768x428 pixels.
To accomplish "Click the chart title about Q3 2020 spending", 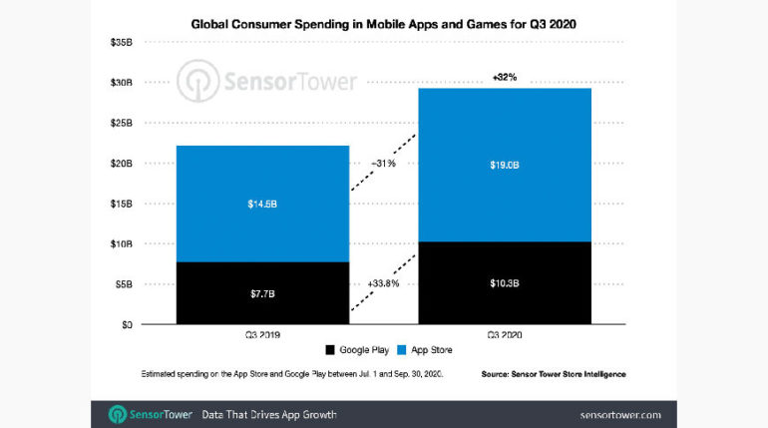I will pos(383,21).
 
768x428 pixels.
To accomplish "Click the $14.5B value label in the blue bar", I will pos(263,204).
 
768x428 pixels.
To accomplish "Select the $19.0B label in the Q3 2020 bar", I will pos(505,166).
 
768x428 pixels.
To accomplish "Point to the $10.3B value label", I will pos(505,283).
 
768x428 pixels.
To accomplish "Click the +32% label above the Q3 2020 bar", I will pos(505,78).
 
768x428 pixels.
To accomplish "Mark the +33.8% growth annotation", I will pos(384,284).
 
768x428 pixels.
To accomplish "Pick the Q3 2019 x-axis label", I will pos(263,335).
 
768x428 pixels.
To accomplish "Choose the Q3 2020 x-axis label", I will pos(505,335).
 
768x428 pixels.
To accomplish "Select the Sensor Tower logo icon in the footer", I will pos(117,414).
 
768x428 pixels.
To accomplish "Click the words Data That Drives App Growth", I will pos(268,414).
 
